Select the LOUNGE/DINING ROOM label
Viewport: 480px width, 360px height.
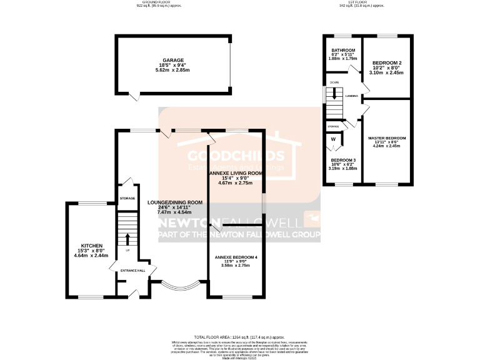(175, 202)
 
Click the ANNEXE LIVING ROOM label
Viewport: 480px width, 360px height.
(235, 172)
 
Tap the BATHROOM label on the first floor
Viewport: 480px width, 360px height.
(343, 50)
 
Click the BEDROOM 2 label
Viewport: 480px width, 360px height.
(387, 64)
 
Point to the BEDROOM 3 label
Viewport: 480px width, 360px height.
(343, 159)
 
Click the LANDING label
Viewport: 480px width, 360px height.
(351, 96)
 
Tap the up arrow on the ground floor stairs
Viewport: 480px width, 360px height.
(127, 238)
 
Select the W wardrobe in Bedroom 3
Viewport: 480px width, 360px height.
(333, 139)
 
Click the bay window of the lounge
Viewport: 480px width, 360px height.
(179, 288)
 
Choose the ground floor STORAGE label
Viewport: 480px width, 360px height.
(127, 198)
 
